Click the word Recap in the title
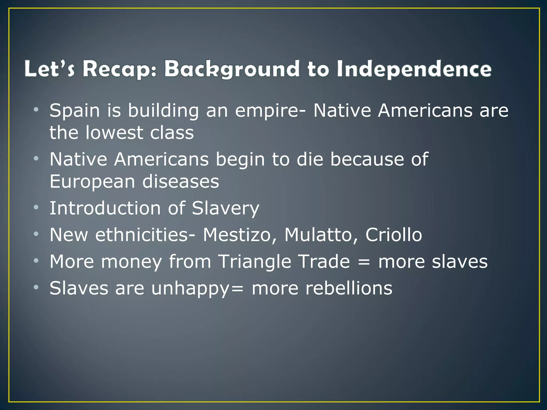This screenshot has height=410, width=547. (x=119, y=69)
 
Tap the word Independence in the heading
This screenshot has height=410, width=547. (x=414, y=69)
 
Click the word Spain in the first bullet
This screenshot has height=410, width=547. (x=75, y=111)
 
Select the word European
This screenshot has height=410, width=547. (x=92, y=182)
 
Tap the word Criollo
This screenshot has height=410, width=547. (x=394, y=235)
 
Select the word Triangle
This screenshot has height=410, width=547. (x=255, y=261)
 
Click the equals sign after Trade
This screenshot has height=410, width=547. (x=364, y=262)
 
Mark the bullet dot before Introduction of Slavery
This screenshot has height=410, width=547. (x=36, y=207)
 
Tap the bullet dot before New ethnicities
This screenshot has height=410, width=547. (x=36, y=234)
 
